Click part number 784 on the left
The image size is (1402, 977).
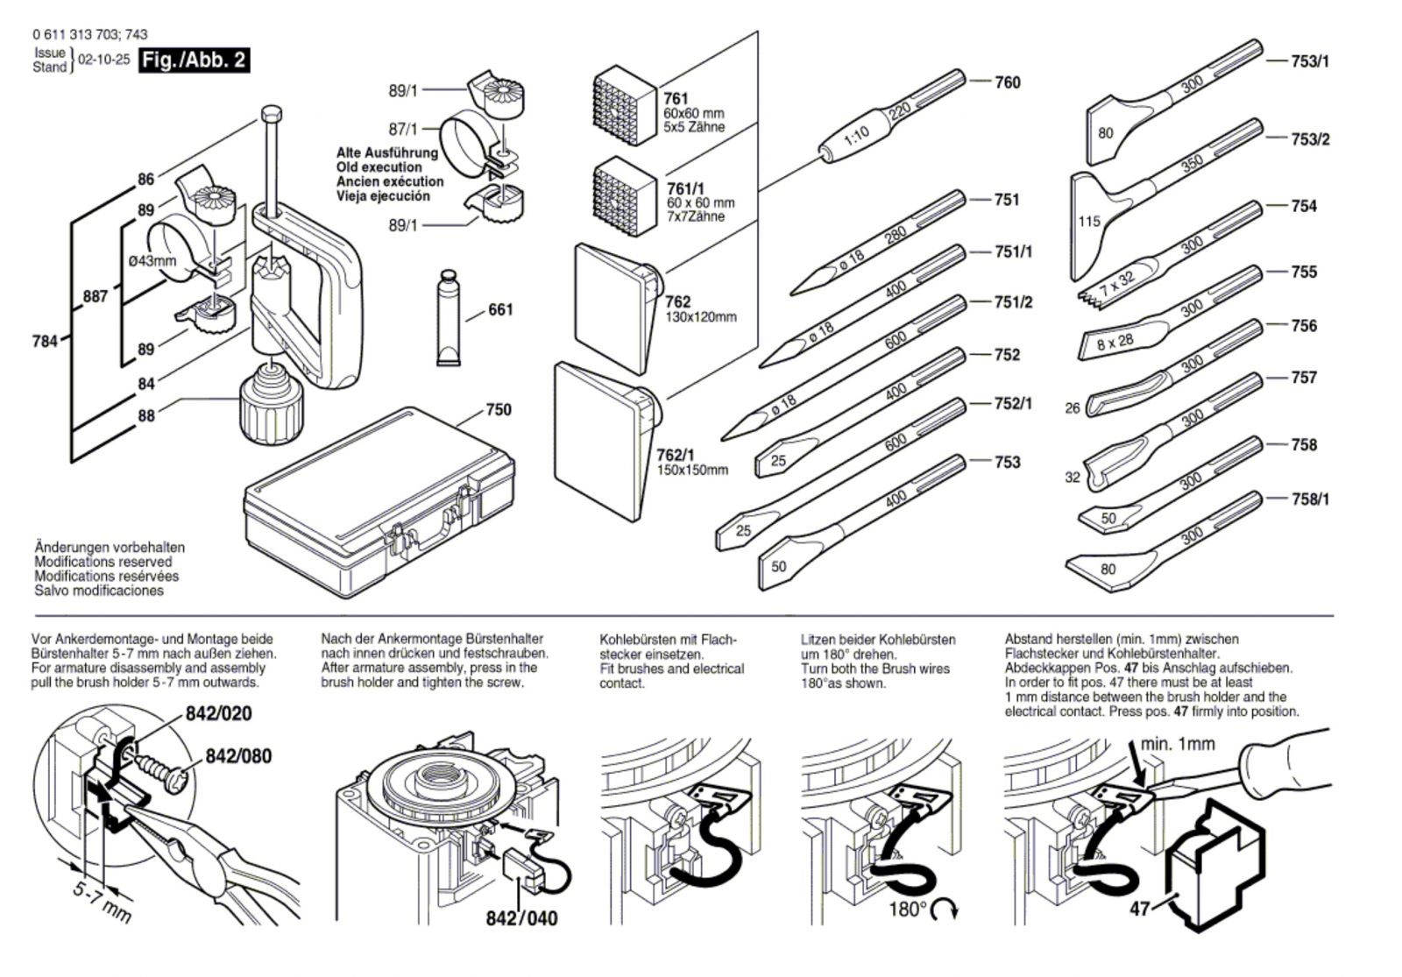(44, 341)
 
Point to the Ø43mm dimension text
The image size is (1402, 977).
(152, 260)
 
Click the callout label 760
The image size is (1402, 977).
(1008, 82)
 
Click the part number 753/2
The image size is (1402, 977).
(1310, 139)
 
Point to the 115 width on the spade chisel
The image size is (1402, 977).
(1088, 222)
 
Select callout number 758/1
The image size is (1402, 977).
(1310, 499)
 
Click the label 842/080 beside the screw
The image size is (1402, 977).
(238, 755)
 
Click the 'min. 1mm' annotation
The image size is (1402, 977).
(1178, 744)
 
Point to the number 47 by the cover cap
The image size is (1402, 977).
(1139, 909)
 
